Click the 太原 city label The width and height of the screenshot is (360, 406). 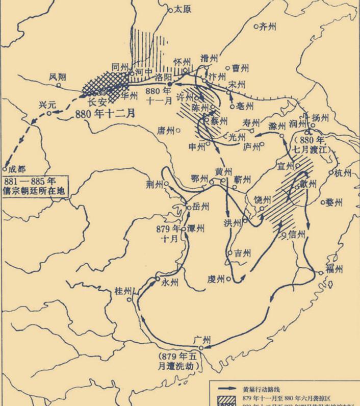[x=182, y=9]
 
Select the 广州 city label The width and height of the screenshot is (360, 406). [x=202, y=339]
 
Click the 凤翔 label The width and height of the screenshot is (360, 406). [x=58, y=77]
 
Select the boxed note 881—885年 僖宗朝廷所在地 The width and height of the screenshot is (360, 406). [x=36, y=186]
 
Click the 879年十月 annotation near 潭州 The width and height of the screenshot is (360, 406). [x=169, y=232]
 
